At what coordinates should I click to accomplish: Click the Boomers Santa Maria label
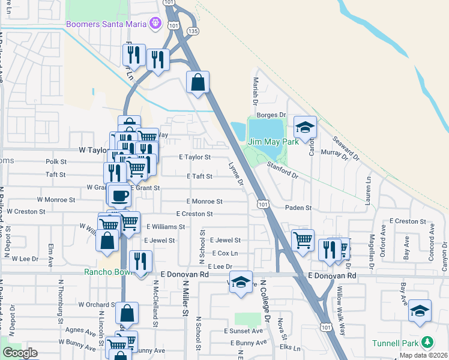tap(107, 25)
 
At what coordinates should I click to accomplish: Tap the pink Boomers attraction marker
tap(156, 24)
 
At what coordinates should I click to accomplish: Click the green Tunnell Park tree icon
tap(427, 342)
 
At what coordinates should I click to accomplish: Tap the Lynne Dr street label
tap(236, 173)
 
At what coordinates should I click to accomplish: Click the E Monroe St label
tap(204, 202)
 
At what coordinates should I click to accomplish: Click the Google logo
tap(20, 352)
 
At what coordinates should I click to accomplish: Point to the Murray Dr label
tap(334, 155)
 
